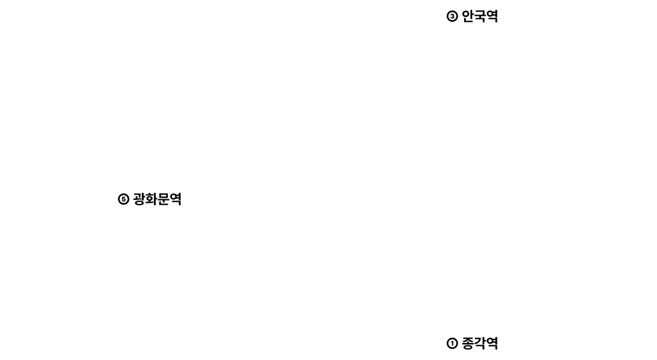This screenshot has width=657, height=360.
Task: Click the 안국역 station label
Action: tap(479, 16)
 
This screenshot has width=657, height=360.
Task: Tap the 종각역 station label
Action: tap(479, 343)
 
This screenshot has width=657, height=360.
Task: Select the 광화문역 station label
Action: tap(157, 199)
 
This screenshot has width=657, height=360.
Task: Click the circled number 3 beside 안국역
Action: tap(452, 16)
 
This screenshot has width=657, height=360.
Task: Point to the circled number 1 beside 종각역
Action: tap(452, 344)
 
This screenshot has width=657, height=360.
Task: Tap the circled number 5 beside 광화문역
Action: tap(123, 199)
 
